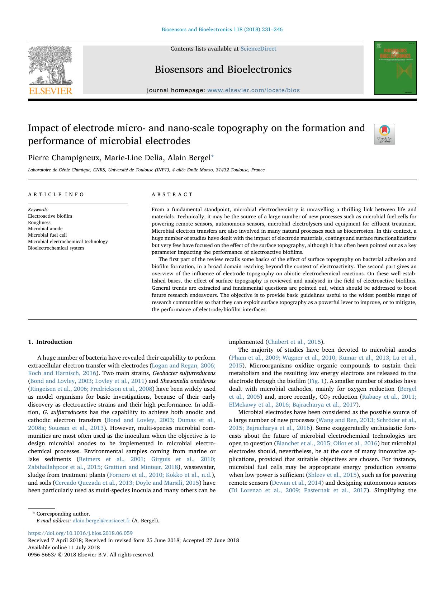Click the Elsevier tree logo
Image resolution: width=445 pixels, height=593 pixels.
[x=50, y=66]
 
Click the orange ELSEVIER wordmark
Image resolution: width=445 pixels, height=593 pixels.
[x=50, y=91]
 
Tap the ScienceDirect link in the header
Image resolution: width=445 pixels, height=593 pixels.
[x=258, y=49]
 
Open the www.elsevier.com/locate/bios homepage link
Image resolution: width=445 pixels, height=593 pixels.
[x=254, y=90]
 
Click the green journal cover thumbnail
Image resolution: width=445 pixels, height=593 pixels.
[x=395, y=68]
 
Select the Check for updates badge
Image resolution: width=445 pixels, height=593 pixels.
[x=384, y=134]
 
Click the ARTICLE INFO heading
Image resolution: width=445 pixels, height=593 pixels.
[x=56, y=194]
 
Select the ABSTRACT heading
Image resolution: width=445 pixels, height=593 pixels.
[x=172, y=194]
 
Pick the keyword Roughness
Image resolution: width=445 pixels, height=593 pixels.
[x=39, y=222]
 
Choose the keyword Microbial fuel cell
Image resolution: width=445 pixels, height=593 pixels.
[x=47, y=235]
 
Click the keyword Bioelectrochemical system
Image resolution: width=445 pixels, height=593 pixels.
[x=56, y=248]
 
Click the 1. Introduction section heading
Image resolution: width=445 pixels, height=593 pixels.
[x=50, y=342]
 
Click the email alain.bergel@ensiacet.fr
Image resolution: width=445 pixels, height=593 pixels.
[x=101, y=521]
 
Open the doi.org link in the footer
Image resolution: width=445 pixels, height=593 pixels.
[x=80, y=533]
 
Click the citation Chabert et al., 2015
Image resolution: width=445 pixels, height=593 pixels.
[x=294, y=342]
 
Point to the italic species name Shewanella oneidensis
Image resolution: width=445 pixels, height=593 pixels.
[x=188, y=381]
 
